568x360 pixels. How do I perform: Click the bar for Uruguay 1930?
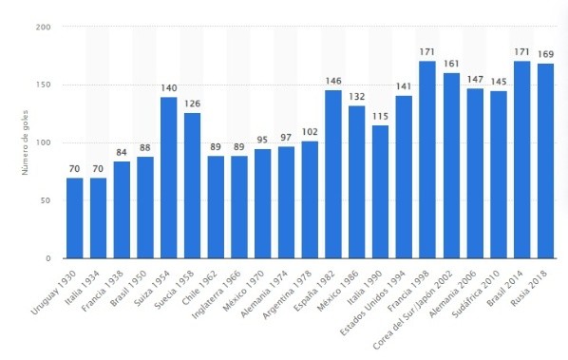(75, 218)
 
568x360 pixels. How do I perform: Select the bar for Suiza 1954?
(168, 178)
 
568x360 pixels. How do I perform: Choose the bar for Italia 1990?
(380, 192)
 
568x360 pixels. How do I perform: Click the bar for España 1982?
(333, 174)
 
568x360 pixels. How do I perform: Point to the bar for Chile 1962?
(216, 207)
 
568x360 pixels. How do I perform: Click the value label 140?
(168, 87)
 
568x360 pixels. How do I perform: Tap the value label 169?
(545, 54)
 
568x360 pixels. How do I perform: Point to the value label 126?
(192, 104)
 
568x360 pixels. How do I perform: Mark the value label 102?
(310, 132)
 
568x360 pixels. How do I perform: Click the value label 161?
(451, 64)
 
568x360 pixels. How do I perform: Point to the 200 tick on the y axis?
(44, 27)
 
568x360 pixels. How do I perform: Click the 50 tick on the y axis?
(46, 200)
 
